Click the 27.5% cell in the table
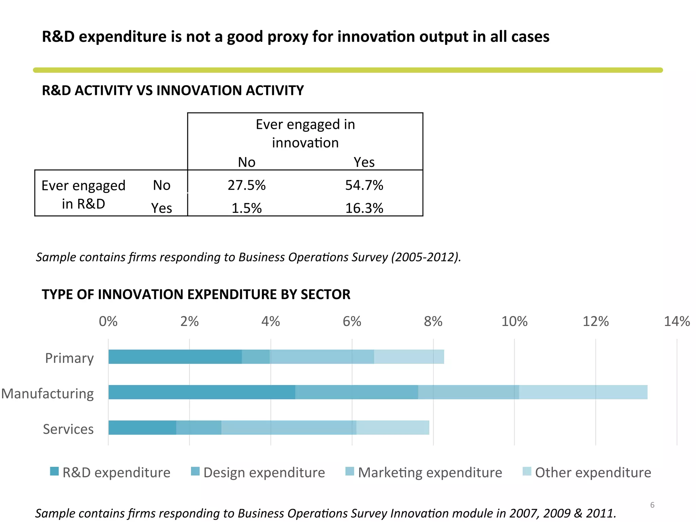(246, 186)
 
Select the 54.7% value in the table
(364, 186)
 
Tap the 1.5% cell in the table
(246, 208)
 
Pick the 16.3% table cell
(364, 208)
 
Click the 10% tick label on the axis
(514, 321)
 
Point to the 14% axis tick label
(677, 321)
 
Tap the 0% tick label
(108, 321)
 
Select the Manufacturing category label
(48, 394)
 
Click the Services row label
(68, 429)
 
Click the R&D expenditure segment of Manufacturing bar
(202, 392)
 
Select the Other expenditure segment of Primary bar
(409, 357)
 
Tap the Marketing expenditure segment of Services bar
(289, 428)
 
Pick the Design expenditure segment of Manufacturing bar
(356, 392)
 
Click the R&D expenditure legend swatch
(54, 471)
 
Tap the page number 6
(652, 505)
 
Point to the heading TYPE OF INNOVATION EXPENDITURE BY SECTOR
(196, 294)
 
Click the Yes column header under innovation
(364, 162)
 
